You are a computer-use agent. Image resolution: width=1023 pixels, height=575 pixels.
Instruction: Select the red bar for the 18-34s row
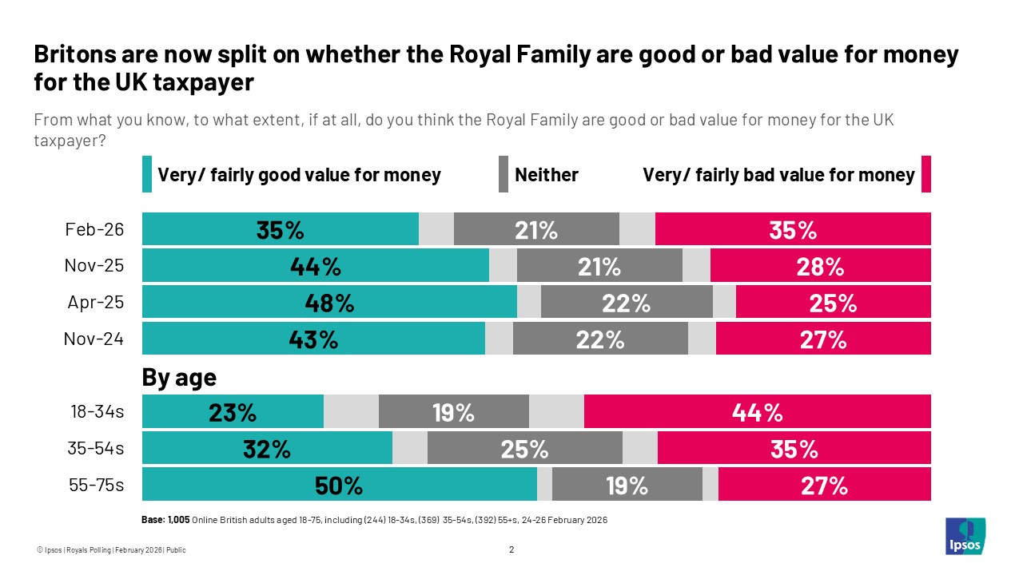[757, 412]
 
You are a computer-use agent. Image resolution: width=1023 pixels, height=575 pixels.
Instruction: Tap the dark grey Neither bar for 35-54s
[524, 449]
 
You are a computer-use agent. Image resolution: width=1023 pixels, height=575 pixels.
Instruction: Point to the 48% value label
[329, 303]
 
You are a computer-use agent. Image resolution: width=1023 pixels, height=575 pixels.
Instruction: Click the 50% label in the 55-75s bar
[339, 486]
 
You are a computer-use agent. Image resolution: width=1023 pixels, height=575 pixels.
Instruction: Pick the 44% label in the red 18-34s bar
[757, 412]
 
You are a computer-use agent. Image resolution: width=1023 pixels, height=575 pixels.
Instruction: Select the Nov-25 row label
[94, 266]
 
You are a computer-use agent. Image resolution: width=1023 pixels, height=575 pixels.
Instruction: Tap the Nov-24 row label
[94, 339]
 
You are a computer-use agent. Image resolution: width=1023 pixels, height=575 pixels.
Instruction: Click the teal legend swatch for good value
[147, 175]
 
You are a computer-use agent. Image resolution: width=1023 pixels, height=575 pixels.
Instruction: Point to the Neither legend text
[547, 175]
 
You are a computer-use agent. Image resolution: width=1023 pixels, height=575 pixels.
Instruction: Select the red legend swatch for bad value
[926, 175]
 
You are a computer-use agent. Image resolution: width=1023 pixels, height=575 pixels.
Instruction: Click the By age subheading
[179, 377]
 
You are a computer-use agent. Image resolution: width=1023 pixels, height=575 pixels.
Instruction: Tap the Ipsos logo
[965, 537]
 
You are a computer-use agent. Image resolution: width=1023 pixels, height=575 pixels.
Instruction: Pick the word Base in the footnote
[153, 520]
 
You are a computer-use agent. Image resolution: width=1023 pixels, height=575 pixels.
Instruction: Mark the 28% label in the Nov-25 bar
[820, 266]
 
